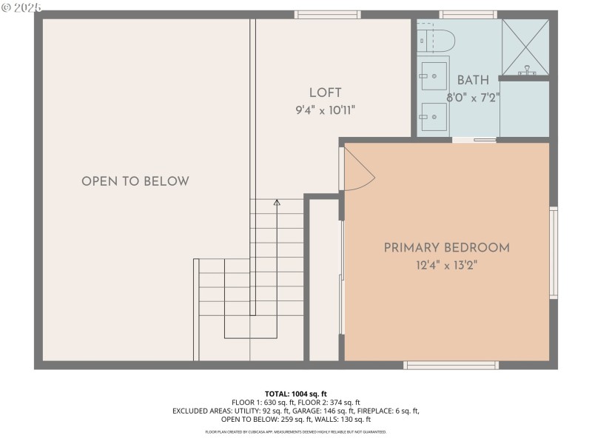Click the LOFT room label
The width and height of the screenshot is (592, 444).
[326, 92]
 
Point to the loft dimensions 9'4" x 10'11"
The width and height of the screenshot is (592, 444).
[326, 111]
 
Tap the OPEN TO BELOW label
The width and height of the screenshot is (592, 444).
[135, 181]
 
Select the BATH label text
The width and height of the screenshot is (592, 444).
[473, 81]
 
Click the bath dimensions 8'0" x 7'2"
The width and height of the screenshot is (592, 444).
[473, 98]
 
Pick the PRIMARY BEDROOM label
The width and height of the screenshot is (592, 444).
[446, 248]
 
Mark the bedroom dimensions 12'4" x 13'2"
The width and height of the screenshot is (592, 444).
[446, 266]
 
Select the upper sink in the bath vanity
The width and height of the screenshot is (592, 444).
[433, 74]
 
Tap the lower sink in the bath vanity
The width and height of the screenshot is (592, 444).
[433, 115]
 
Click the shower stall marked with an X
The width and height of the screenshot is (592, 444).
[526, 46]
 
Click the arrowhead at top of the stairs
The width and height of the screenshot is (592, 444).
[277, 201]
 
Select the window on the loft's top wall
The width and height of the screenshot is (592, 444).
[327, 14]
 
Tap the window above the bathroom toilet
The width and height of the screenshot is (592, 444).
[467, 14]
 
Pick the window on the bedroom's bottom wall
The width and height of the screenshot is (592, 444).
[451, 365]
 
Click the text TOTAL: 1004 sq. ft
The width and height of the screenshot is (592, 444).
[296, 394]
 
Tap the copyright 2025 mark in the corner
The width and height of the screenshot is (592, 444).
[21, 7]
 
